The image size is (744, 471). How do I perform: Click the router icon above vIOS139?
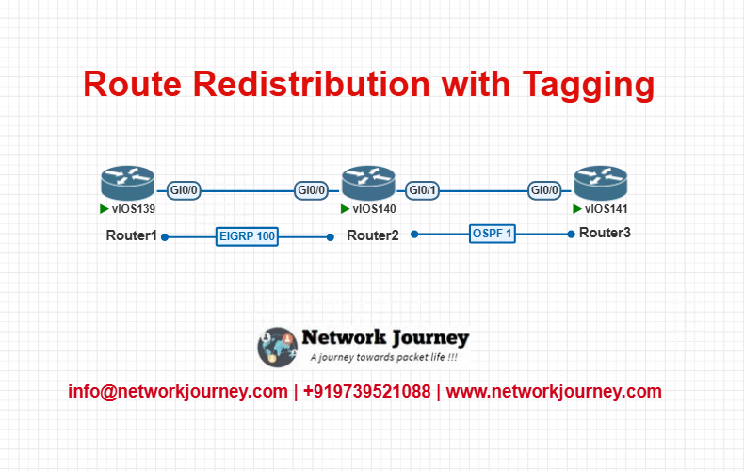click(x=128, y=183)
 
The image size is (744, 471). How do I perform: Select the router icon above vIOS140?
click(x=368, y=183)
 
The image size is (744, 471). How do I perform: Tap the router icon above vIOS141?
click(x=601, y=183)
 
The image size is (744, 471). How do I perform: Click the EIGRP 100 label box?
click(x=247, y=236)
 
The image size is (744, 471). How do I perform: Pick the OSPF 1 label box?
click(x=492, y=234)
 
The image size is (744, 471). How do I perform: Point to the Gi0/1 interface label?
click(x=422, y=190)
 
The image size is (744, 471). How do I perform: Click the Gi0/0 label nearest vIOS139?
click(x=184, y=190)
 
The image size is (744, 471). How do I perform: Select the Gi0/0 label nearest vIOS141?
click(x=544, y=190)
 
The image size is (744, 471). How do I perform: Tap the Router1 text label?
click(x=132, y=235)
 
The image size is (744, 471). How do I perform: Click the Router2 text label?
click(x=373, y=235)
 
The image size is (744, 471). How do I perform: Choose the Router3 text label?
click(x=605, y=233)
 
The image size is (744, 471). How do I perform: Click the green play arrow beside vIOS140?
click(x=345, y=209)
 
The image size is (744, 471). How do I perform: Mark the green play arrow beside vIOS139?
click(x=104, y=209)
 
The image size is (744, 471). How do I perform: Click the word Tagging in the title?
click(x=589, y=86)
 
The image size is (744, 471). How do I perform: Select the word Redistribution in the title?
click(x=312, y=84)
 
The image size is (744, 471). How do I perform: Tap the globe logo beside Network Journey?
click(x=277, y=347)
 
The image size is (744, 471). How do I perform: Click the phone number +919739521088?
click(x=366, y=392)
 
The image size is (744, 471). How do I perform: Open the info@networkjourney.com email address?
click(x=178, y=392)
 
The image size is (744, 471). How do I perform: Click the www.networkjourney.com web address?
click(x=554, y=392)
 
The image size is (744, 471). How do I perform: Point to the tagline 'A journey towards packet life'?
click(x=384, y=357)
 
